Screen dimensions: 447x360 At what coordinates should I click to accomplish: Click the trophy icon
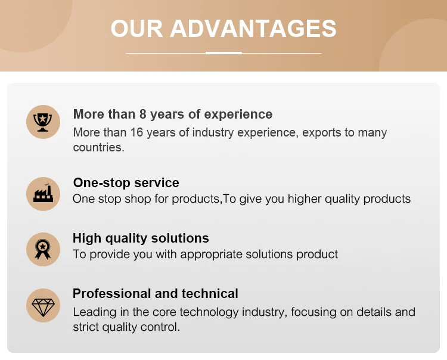point(43,122)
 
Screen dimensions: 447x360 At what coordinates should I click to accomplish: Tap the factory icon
point(43,193)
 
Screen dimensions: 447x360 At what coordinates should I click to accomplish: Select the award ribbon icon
point(43,249)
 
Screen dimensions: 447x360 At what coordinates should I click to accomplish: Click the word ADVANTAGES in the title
point(253,29)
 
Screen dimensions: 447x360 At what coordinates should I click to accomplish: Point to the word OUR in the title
point(136,29)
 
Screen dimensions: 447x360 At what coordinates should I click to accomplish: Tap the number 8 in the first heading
point(142,114)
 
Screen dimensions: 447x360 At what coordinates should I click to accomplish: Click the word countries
point(98,147)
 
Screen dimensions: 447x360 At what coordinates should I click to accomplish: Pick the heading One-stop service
point(126,183)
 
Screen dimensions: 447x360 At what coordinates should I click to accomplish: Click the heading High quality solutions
point(141,238)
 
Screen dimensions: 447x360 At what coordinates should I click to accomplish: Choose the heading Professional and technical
point(156,294)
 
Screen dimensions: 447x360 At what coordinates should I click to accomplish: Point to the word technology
point(209,312)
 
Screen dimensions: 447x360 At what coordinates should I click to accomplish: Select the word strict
point(86,327)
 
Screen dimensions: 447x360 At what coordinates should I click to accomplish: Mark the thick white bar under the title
point(223,53)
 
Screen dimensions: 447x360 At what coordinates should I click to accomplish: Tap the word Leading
point(95,312)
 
